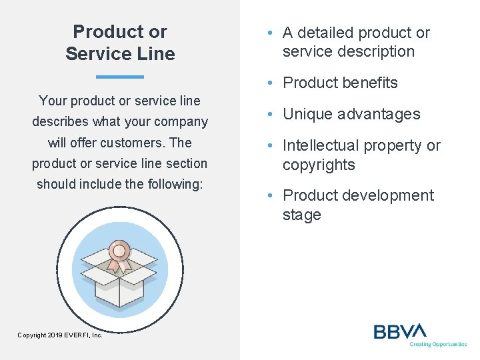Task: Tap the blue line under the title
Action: (x=120, y=77)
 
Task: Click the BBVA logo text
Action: (x=399, y=331)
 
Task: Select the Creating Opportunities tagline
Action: (x=438, y=345)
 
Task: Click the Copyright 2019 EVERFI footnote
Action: (x=60, y=335)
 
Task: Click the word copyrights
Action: (x=319, y=165)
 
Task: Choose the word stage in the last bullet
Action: (x=301, y=215)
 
